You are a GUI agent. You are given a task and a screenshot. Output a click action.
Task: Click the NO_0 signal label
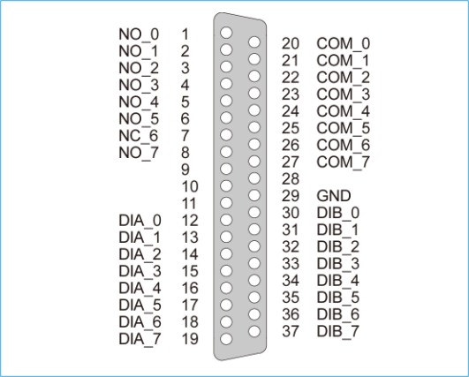pyautogui.click(x=139, y=34)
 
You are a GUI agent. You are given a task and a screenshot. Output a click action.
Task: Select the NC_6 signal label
pyautogui.click(x=139, y=136)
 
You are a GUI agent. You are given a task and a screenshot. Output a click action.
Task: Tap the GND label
pyautogui.click(x=334, y=196)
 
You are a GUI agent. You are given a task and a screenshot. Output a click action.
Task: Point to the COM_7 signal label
pyautogui.click(x=344, y=163)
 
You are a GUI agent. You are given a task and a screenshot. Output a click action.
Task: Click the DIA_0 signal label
pyautogui.click(x=140, y=221)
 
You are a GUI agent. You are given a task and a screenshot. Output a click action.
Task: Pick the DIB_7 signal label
pyautogui.click(x=338, y=332)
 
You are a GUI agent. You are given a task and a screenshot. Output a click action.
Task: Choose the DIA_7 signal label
pyautogui.click(x=140, y=339)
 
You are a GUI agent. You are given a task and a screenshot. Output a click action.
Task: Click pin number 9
pyautogui.click(x=185, y=170)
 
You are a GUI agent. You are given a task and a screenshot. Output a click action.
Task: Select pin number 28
pyautogui.click(x=291, y=179)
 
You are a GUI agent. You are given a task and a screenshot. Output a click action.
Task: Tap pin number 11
pyautogui.click(x=189, y=204)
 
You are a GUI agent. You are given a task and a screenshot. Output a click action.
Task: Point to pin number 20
pyautogui.click(x=291, y=43)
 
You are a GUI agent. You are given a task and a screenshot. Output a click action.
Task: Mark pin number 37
pyautogui.click(x=291, y=331)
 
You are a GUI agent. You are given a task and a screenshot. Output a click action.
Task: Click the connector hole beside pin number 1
pyautogui.click(x=226, y=33)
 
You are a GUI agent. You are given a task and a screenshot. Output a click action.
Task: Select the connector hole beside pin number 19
pyautogui.click(x=226, y=339)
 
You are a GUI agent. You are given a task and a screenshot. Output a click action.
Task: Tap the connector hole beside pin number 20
pyautogui.click(x=254, y=42)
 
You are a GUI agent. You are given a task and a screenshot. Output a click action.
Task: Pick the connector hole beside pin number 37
pyautogui.click(x=254, y=331)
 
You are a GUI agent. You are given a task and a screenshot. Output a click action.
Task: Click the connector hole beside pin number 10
pyautogui.click(x=226, y=186)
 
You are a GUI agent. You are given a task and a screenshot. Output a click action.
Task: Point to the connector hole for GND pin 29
pyautogui.click(x=254, y=195)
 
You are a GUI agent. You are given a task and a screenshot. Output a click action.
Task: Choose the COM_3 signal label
pyautogui.click(x=344, y=95)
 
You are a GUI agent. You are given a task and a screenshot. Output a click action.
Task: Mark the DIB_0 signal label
pyautogui.click(x=338, y=213)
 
